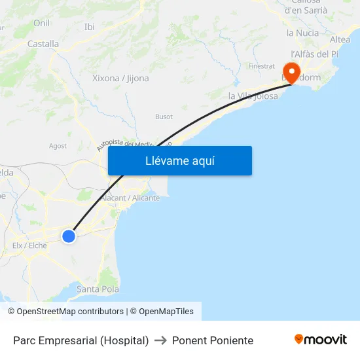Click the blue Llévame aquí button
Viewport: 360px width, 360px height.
[x=179, y=161]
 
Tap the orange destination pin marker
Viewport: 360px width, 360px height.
[x=290, y=71]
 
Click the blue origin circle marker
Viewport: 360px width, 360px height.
[x=68, y=236]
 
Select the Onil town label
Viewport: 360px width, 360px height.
[x=41, y=23]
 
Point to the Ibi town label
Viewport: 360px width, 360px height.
[x=90, y=27]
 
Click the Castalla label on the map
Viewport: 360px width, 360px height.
[x=43, y=44]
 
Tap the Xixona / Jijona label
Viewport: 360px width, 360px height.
[x=120, y=78]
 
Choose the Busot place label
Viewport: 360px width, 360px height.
[x=164, y=117]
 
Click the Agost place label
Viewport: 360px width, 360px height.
[x=58, y=146]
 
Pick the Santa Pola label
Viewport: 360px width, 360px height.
[x=98, y=289]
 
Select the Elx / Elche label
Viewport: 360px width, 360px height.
[x=29, y=245]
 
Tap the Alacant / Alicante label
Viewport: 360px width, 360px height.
[x=131, y=198]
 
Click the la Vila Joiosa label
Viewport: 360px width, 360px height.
[x=253, y=96]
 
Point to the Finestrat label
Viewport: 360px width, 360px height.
[x=261, y=66]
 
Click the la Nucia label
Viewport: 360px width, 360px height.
[x=302, y=33]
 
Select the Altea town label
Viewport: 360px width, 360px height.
[x=340, y=39]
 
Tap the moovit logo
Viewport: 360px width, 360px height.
[x=321, y=340]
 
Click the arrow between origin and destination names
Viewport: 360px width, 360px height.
[x=160, y=340]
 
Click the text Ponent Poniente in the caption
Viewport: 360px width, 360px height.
[x=213, y=340]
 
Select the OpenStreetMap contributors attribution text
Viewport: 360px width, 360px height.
[x=70, y=312]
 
